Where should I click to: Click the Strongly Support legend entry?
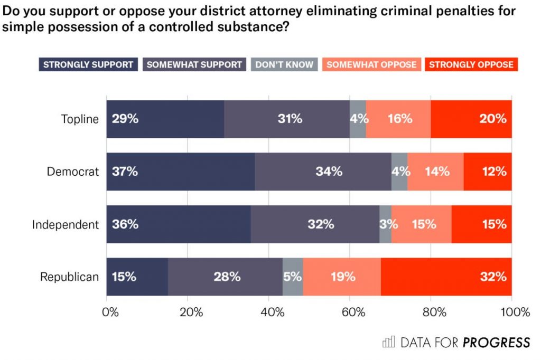[x=88, y=65]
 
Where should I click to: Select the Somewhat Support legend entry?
[x=194, y=65]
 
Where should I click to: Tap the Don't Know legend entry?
[x=284, y=65]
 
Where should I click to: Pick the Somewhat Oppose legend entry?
[x=371, y=65]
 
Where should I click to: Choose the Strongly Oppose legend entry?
[x=471, y=65]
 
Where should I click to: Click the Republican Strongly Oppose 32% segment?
[x=446, y=277]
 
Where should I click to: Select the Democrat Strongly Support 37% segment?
[x=181, y=172]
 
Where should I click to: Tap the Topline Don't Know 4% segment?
[x=358, y=119]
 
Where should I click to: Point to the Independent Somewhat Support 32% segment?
[x=315, y=224]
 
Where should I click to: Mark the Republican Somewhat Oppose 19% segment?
[x=342, y=277]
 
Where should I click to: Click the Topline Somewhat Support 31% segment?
[x=287, y=119]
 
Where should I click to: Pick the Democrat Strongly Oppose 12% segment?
[x=488, y=172]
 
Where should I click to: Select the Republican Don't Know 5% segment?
[x=293, y=277]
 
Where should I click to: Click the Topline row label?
[x=80, y=119]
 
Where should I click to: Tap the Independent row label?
[x=66, y=224]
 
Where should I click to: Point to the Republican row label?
[x=70, y=277]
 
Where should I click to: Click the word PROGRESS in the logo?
[x=496, y=343]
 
